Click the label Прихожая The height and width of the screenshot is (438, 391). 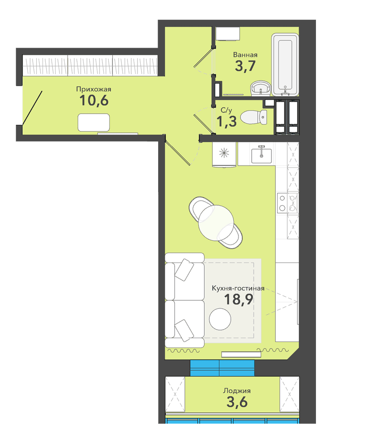pyautogui.click(x=93, y=89)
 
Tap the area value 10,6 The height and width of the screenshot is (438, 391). pyautogui.click(x=93, y=100)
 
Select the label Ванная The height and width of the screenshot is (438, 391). pyautogui.click(x=245, y=55)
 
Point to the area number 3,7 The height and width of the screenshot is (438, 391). pyautogui.click(x=245, y=66)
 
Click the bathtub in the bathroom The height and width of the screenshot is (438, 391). pyautogui.click(x=285, y=64)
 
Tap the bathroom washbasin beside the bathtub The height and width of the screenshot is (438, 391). pyautogui.click(x=261, y=88)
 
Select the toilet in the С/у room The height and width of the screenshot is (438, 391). pyautogui.click(x=254, y=117)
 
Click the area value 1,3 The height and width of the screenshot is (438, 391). pyautogui.click(x=227, y=122)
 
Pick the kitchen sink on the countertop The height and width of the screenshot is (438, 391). pyautogui.click(x=261, y=155)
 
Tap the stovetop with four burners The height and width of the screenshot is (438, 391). pyautogui.click(x=287, y=203)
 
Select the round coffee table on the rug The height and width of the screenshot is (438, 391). pyautogui.click(x=220, y=319)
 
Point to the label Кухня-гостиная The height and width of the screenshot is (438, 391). pyautogui.click(x=238, y=288)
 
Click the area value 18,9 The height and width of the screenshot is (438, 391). pyautogui.click(x=239, y=299)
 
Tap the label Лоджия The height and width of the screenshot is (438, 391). pyautogui.click(x=237, y=391)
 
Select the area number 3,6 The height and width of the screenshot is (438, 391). pyautogui.click(x=237, y=403)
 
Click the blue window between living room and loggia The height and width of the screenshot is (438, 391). pyautogui.click(x=222, y=368)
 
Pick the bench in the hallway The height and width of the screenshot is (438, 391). pyautogui.click(x=93, y=123)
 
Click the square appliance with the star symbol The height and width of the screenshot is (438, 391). pyautogui.click(x=224, y=154)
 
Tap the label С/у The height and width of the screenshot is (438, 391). pyautogui.click(x=226, y=111)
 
